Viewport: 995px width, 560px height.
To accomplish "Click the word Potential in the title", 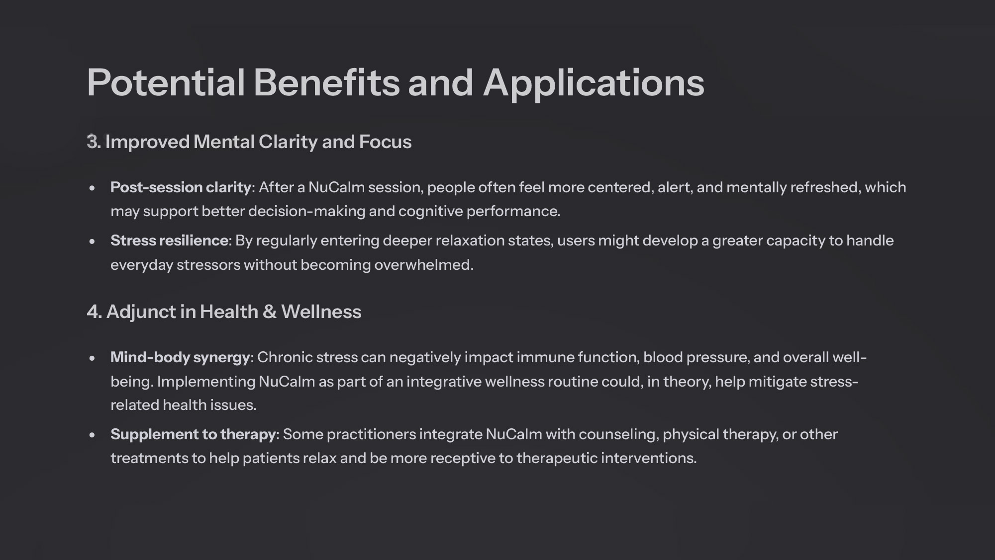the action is pyautogui.click(x=166, y=82).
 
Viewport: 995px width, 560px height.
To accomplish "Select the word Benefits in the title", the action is pyautogui.click(x=327, y=82).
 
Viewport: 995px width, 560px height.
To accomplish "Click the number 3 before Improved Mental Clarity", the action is pyautogui.click(x=92, y=142).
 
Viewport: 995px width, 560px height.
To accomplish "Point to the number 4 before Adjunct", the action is pyautogui.click(x=93, y=312).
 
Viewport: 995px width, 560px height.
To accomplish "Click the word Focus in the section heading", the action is pyautogui.click(x=386, y=142).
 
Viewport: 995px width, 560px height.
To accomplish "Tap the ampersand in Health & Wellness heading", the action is pyautogui.click(x=269, y=312).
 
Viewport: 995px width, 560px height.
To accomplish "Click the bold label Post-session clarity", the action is pyautogui.click(x=181, y=187).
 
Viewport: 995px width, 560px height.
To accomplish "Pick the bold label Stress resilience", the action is pyautogui.click(x=169, y=240).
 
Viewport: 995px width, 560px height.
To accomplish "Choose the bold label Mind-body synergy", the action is pyautogui.click(x=180, y=358).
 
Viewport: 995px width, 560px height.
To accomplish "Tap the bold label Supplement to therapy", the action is pyautogui.click(x=193, y=435).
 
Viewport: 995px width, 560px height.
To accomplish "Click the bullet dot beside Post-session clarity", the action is pyautogui.click(x=92, y=188).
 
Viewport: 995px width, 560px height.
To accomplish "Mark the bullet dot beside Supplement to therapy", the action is pyautogui.click(x=92, y=435).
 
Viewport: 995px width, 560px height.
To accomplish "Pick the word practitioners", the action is pyautogui.click(x=371, y=435).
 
